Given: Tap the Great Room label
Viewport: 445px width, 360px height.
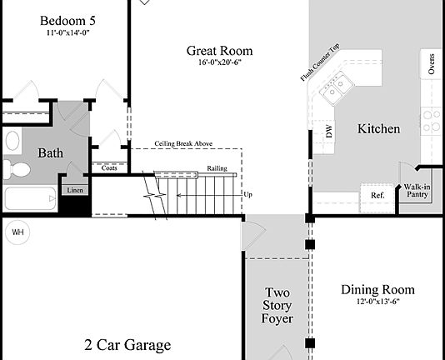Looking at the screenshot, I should [219, 51].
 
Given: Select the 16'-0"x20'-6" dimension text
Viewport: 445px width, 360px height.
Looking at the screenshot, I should [219, 63].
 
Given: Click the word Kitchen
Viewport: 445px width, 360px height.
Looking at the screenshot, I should [378, 129].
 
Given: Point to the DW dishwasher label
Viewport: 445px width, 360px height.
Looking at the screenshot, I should [329, 132].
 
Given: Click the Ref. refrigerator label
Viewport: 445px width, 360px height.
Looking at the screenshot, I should [377, 195].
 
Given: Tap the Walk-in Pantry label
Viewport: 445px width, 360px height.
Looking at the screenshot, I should [417, 192].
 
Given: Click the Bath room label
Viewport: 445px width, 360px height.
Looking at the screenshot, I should [51, 153].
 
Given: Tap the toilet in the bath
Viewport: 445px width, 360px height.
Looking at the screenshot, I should [17, 170].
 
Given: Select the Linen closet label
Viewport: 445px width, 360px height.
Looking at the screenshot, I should [75, 190].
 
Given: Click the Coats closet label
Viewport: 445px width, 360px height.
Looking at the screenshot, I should [109, 167].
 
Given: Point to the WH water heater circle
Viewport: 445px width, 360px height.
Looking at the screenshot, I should [17, 232].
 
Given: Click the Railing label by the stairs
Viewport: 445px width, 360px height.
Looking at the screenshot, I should [217, 168].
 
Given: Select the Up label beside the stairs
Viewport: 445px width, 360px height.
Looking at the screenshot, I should [247, 195].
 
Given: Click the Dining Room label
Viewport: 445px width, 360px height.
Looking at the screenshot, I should [377, 290].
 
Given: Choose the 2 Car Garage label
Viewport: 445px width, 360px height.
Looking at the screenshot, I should [127, 345].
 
